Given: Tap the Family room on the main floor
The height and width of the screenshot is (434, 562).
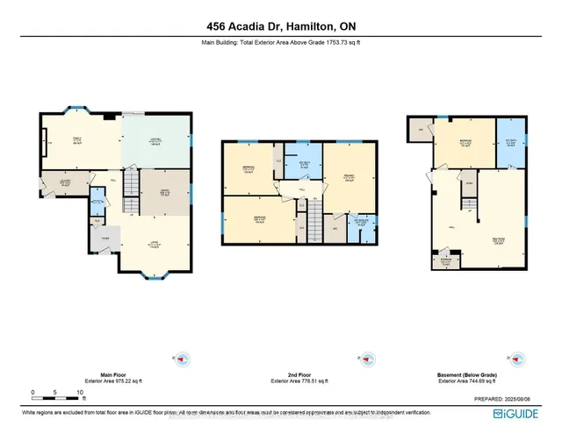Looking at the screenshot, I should [77, 140].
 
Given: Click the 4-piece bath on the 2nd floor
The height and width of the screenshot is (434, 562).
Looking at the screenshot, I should [306, 164].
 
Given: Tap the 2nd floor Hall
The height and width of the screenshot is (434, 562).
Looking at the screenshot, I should [299, 189].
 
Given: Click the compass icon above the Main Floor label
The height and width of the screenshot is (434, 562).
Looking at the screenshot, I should [183, 359].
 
